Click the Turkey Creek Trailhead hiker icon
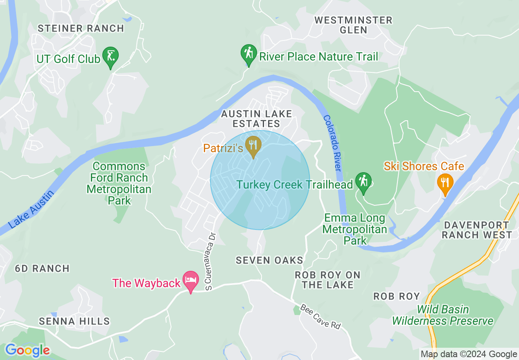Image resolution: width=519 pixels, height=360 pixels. pyautogui.click(x=363, y=182)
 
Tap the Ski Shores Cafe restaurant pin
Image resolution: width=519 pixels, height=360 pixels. pyautogui.click(x=445, y=182)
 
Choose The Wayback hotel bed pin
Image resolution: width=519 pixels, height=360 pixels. pyautogui.click(x=191, y=281)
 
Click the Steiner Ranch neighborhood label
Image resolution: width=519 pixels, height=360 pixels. pyautogui.click(x=81, y=28)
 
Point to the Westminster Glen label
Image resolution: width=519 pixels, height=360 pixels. pyautogui.click(x=353, y=25)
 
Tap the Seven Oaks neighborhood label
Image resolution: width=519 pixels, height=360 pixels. pyautogui.click(x=270, y=260)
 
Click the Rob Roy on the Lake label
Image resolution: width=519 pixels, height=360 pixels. pyautogui.click(x=327, y=280)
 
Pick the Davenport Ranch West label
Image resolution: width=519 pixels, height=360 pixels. pyautogui.click(x=477, y=230)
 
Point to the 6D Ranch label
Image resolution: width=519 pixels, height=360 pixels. pyautogui.click(x=42, y=268)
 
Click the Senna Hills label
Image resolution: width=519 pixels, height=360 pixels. pyautogui.click(x=74, y=321)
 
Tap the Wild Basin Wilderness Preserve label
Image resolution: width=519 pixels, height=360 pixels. pyautogui.click(x=443, y=315)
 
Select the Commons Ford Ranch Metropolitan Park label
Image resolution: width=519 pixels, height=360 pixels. pyautogui.click(x=119, y=183)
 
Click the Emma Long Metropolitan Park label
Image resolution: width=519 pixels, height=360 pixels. pyautogui.click(x=354, y=229)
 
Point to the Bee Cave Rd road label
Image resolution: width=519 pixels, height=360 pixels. pyautogui.click(x=320, y=316)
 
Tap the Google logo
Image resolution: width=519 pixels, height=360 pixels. pyautogui.click(x=27, y=350)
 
